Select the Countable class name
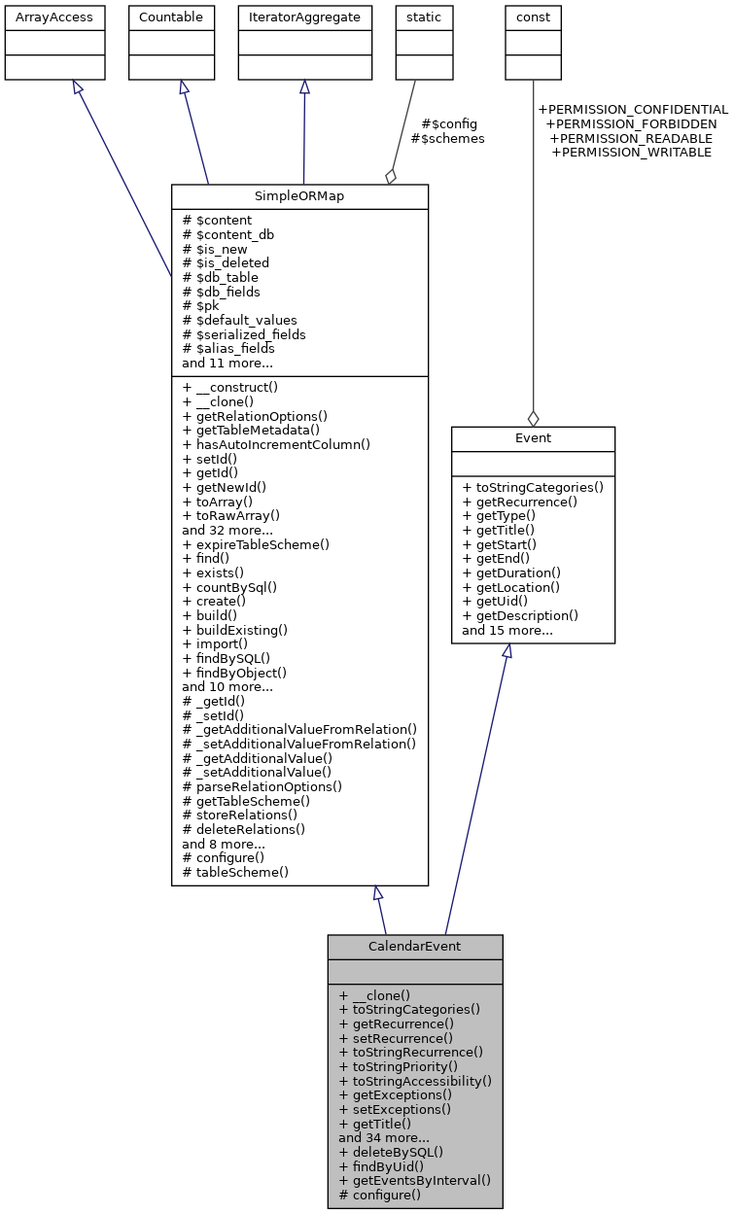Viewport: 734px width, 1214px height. (x=171, y=17)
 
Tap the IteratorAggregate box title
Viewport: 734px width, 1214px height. (x=304, y=17)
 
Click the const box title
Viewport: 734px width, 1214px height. (x=533, y=17)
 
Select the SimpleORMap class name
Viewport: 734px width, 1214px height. (x=299, y=195)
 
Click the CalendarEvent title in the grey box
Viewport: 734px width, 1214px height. (x=414, y=947)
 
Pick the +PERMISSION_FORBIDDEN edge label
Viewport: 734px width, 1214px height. (x=631, y=124)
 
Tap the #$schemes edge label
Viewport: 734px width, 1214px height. (x=447, y=139)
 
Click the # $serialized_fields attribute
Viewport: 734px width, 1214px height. (x=244, y=334)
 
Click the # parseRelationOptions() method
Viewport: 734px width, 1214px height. (x=262, y=786)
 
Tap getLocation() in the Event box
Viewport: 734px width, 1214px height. (x=511, y=587)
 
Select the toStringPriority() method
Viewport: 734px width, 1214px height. (x=409, y=1066)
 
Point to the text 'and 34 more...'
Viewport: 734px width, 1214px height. (x=384, y=1137)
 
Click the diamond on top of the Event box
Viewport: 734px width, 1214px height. (x=533, y=418)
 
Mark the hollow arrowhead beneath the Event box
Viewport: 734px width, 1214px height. (x=507, y=652)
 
